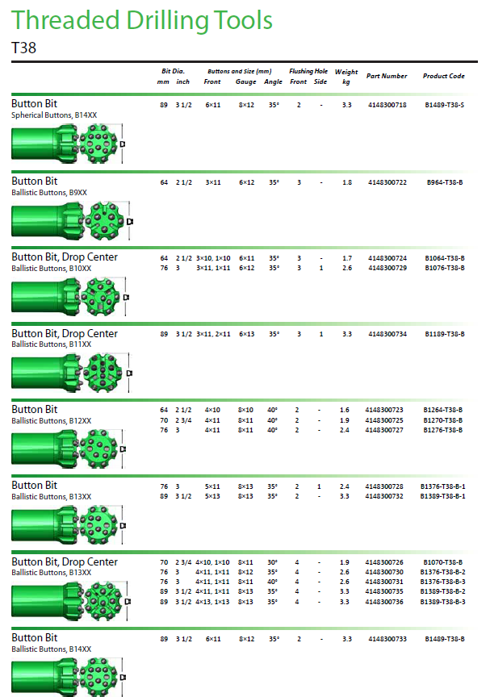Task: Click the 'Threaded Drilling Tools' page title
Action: pos(142,21)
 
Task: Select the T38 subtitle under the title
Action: pos(23,48)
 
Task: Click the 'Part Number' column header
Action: pos(387,76)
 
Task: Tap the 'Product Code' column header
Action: pos(443,76)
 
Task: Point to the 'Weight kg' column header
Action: pos(346,77)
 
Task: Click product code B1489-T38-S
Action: pos(444,105)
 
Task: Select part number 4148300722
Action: pos(387,182)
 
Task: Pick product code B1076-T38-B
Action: pos(444,268)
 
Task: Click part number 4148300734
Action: pos(387,334)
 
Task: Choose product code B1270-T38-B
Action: pos(442,420)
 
